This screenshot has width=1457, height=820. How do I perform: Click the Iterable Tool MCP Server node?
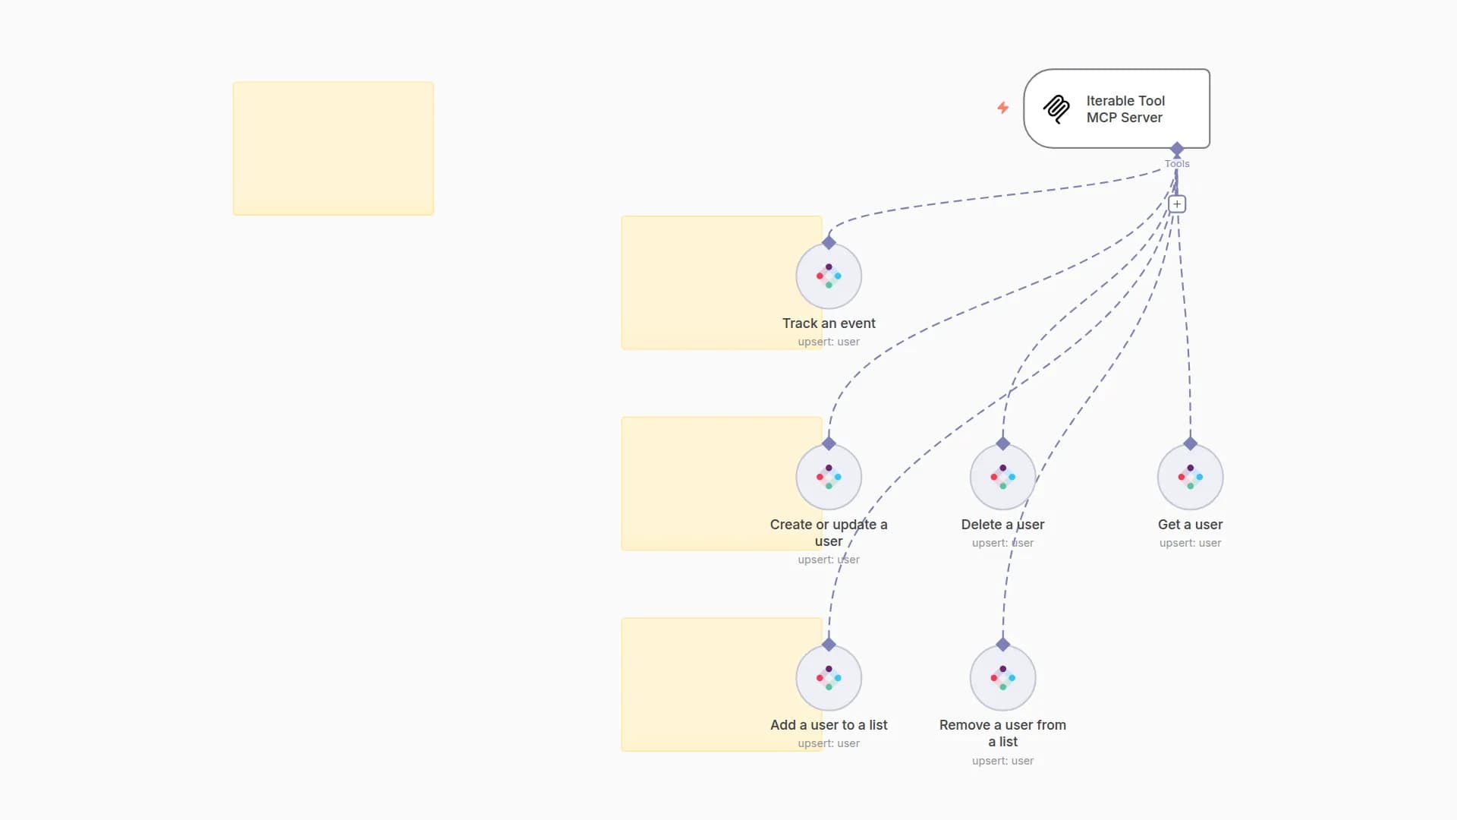coord(1116,109)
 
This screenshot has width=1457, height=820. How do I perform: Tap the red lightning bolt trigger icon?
coord(1003,108)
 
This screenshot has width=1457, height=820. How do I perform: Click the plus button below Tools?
coord(1177,204)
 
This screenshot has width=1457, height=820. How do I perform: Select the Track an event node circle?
coord(829,276)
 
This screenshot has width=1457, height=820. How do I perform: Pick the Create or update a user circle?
coord(829,477)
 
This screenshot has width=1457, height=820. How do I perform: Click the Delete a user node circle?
coord(1002,477)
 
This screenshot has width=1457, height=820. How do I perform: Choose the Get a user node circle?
coord(1190,477)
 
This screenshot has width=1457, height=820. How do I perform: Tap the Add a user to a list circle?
coord(829,677)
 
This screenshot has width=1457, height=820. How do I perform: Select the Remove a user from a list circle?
coord(1002,677)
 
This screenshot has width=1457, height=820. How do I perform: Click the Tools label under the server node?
coord(1177,164)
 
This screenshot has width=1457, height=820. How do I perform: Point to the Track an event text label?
coord(829,323)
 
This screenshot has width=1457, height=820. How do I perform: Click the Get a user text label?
coord(1190,525)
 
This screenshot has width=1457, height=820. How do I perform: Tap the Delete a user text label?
coord(1002,525)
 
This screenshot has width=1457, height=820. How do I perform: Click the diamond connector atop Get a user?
coord(1190,443)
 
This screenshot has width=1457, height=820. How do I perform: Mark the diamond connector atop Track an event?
coord(829,243)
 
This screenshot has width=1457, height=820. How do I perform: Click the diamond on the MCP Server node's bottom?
coord(1177,148)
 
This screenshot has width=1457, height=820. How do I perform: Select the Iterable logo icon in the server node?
coord(1056,109)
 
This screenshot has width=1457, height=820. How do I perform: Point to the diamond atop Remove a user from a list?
coord(1002,645)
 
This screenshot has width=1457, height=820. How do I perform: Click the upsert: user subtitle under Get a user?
coord(1190,543)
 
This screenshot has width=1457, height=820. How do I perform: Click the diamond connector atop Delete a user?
coord(1002,443)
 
